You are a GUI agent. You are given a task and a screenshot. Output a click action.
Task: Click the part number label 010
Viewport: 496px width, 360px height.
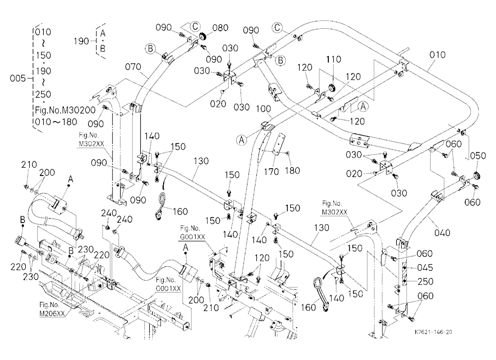437,55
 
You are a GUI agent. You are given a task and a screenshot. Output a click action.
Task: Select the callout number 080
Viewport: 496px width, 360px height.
220,28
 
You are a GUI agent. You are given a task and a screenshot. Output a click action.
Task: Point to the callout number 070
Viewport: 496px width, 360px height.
133,67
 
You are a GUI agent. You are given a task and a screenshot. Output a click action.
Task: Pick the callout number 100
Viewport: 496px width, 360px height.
263,109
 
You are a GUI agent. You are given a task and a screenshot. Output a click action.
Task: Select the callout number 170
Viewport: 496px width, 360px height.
272,172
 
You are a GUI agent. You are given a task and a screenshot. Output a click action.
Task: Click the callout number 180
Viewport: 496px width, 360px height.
292,171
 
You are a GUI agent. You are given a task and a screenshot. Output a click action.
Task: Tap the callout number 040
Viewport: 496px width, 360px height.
442,233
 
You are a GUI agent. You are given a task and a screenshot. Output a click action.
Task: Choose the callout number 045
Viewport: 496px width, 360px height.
425,268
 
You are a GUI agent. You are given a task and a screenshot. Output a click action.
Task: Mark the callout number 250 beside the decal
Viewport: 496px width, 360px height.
426,282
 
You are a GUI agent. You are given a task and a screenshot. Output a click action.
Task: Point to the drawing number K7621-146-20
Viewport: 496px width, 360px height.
434,332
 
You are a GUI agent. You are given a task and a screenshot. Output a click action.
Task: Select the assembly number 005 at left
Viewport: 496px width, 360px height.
18,78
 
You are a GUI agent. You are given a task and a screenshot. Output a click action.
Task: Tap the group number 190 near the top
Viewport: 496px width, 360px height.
82,41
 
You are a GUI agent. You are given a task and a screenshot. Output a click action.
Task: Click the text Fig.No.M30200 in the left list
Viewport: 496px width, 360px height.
65,110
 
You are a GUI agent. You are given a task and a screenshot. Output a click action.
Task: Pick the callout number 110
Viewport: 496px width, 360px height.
333,59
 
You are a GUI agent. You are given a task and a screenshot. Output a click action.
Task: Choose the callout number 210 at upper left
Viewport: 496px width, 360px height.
29,165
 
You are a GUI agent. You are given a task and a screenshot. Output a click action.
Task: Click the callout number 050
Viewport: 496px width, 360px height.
478,156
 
